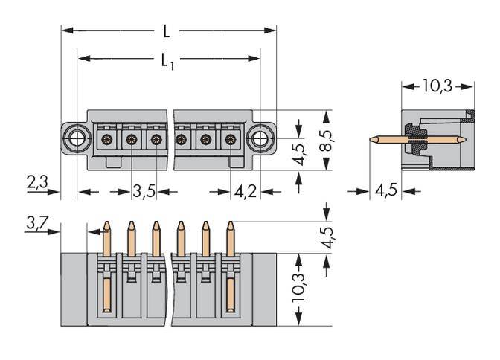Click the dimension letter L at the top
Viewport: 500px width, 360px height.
point(167,31)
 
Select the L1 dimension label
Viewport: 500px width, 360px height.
point(168,61)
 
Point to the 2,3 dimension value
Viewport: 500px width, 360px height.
point(37,181)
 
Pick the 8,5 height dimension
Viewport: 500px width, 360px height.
point(326,140)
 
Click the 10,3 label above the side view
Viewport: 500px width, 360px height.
point(437,86)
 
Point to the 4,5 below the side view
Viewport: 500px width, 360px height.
point(385,191)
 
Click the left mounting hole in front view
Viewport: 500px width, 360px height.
point(74,138)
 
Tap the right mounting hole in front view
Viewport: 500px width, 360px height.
point(260,138)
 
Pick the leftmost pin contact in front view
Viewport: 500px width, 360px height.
point(106,139)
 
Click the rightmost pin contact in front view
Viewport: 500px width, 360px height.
point(230,139)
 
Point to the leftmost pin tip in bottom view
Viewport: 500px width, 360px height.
point(106,225)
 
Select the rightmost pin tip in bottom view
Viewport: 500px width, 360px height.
point(230,225)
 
